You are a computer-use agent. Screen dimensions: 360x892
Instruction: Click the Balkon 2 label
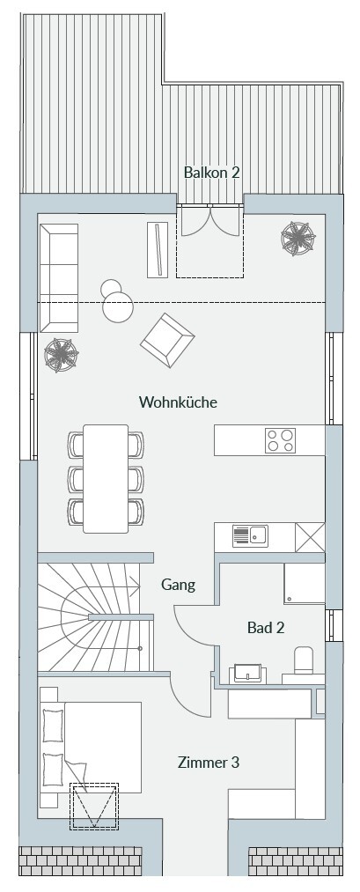click(x=211, y=173)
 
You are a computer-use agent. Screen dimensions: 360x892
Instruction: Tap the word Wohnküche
click(x=178, y=402)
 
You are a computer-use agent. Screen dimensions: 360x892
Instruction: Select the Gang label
click(x=178, y=585)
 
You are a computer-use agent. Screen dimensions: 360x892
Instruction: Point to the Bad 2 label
click(x=266, y=628)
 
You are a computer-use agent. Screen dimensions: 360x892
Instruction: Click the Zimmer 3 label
click(x=208, y=763)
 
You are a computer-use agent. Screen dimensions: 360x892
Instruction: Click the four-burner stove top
click(x=281, y=440)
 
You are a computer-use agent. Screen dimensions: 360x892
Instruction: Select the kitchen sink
click(x=250, y=536)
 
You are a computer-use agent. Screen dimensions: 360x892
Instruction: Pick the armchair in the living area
click(x=167, y=340)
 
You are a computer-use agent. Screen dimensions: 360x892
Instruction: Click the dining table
click(x=106, y=478)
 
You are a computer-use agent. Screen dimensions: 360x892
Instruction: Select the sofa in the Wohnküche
click(x=59, y=277)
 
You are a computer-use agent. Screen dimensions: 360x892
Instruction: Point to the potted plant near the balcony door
click(x=298, y=239)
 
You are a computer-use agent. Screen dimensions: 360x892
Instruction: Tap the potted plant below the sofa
click(x=62, y=355)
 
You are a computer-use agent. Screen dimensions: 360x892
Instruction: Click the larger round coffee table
click(x=118, y=307)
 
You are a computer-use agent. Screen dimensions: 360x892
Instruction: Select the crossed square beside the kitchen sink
click(x=310, y=537)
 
